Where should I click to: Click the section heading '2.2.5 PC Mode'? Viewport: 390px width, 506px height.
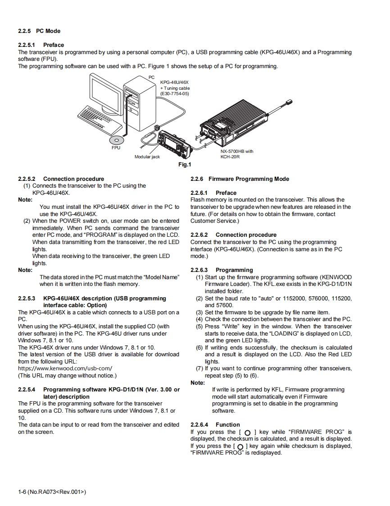click(x=39, y=31)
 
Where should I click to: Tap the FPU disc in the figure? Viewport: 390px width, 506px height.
click(x=116, y=140)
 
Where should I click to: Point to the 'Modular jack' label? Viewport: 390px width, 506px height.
click(x=147, y=157)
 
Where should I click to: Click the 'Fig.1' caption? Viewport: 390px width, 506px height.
click(x=185, y=165)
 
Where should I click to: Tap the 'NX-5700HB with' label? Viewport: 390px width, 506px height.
click(x=236, y=152)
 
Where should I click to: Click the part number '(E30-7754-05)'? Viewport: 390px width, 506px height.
click(x=175, y=94)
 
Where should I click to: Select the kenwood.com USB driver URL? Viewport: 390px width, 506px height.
click(x=65, y=368)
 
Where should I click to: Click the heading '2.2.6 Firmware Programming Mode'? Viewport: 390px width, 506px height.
click(x=240, y=179)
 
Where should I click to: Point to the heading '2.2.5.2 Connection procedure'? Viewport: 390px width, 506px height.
click(x=61, y=179)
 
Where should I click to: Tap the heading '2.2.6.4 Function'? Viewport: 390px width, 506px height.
click(x=215, y=425)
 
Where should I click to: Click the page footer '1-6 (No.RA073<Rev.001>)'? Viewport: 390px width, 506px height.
click(x=52, y=492)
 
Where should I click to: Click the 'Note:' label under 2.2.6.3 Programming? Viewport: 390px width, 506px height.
click(x=198, y=383)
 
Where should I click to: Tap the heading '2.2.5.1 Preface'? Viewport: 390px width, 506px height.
click(x=41, y=45)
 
